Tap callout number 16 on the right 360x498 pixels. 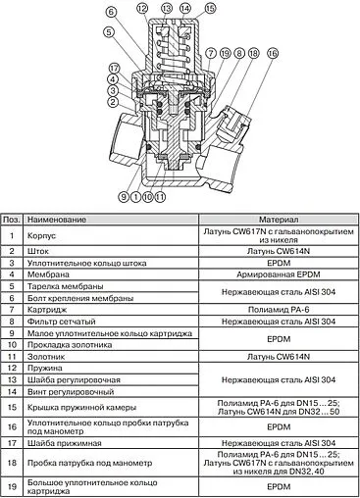pos(258,51)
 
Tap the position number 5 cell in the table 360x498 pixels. pos(11,289)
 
